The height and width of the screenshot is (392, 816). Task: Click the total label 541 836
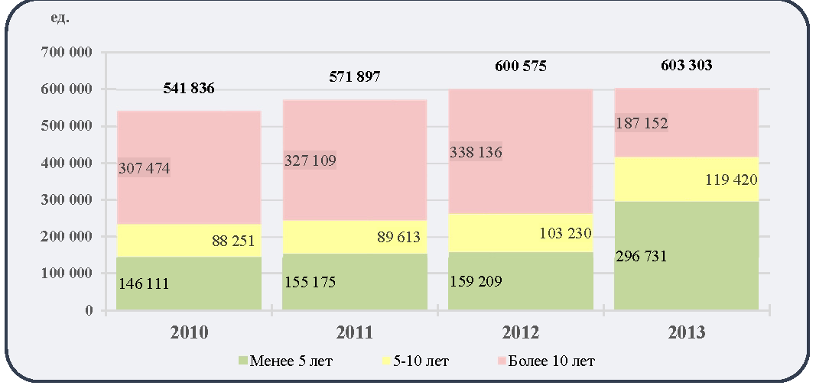pyautogui.click(x=189, y=89)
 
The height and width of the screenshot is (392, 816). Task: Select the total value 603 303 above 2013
pyautogui.click(x=686, y=66)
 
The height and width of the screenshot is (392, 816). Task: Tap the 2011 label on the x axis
pyautogui.click(x=354, y=332)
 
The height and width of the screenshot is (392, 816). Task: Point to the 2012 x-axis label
pyautogui.click(x=521, y=332)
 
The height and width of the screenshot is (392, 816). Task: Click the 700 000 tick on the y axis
pyautogui.click(x=65, y=53)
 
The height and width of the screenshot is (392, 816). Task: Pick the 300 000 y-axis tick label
pyautogui.click(x=65, y=199)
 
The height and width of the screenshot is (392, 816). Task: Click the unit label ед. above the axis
pyautogui.click(x=60, y=18)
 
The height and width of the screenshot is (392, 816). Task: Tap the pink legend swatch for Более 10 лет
pyautogui.click(x=502, y=361)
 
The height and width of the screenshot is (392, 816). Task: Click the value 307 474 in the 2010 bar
pyautogui.click(x=144, y=168)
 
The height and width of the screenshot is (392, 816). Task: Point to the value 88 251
pyautogui.click(x=234, y=241)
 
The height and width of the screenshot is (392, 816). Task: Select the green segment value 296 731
pyautogui.click(x=641, y=257)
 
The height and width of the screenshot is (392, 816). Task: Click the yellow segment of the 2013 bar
pyautogui.click(x=686, y=180)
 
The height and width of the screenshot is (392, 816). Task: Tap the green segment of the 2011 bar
pyautogui.click(x=355, y=282)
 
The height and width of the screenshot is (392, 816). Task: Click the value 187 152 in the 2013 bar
pyautogui.click(x=642, y=123)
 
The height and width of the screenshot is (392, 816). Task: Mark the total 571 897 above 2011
pyautogui.click(x=355, y=77)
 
